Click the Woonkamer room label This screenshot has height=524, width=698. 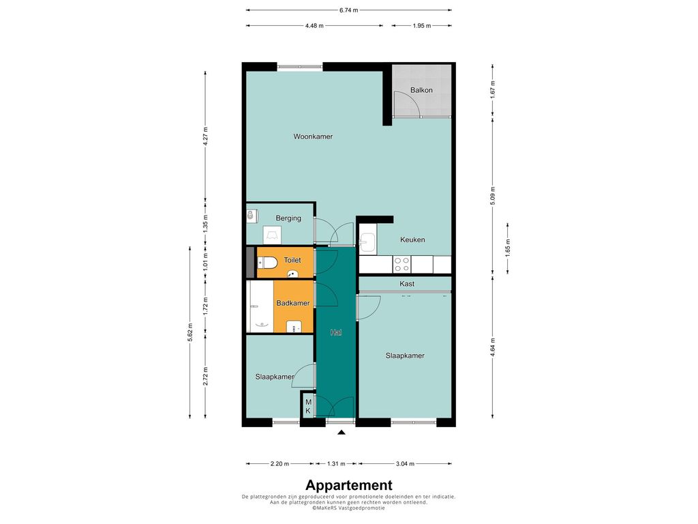(x=312, y=136)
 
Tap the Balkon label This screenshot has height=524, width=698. (x=421, y=90)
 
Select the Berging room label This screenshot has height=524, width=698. (x=288, y=218)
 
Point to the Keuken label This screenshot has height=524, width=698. (x=412, y=239)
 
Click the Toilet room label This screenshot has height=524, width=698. (x=292, y=260)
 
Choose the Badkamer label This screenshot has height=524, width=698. (x=292, y=303)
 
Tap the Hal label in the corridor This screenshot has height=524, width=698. (x=335, y=332)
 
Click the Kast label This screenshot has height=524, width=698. (x=407, y=284)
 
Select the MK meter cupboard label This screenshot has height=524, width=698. (x=308, y=407)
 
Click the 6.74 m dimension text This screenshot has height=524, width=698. (x=348, y=10)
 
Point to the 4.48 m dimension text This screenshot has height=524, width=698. (x=314, y=26)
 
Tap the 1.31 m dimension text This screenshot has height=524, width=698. (x=336, y=464)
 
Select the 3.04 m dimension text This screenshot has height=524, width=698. (x=405, y=464)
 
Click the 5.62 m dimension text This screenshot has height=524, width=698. (x=190, y=332)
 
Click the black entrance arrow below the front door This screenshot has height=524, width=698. (x=341, y=432)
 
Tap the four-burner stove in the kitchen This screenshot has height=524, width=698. (x=401, y=264)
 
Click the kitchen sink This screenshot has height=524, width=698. (x=367, y=244)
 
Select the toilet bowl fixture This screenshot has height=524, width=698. (x=269, y=263)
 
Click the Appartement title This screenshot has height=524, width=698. (x=349, y=485)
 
